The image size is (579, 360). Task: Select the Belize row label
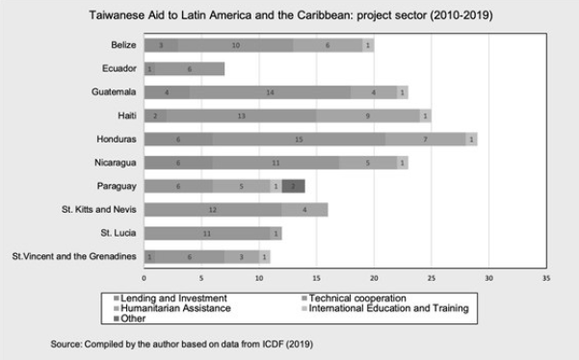123,45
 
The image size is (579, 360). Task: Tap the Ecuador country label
119,68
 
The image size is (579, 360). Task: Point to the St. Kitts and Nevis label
97,210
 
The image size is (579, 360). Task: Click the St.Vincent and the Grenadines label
73,257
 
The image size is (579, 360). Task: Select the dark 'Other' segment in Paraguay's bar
293,186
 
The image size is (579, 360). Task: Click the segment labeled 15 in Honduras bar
299,139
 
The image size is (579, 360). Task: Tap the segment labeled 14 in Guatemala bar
271,92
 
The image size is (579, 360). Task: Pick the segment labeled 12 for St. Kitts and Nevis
212,210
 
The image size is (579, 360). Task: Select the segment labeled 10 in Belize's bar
236,45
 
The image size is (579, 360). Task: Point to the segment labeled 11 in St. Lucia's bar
206,233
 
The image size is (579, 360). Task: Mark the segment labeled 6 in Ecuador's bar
190,68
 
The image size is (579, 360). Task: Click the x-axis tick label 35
546,280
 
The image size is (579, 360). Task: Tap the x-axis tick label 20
374,280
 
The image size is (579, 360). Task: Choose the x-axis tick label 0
144,280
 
